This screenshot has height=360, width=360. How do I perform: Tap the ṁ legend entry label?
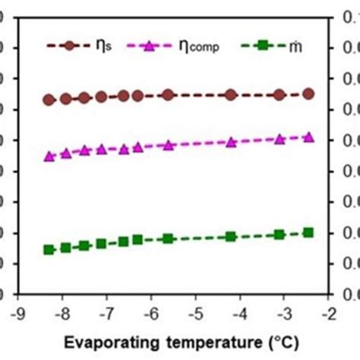294,46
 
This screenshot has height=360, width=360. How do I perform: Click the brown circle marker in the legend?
69,46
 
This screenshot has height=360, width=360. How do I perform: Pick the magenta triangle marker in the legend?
150,46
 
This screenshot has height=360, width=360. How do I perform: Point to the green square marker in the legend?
262,46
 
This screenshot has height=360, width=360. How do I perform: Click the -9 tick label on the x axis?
16,314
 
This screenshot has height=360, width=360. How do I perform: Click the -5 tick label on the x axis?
195,314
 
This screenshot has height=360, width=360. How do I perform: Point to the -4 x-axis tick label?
240,314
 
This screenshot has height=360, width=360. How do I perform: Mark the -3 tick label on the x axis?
284,314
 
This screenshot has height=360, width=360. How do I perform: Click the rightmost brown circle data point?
308,93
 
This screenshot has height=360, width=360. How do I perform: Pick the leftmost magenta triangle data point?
49,156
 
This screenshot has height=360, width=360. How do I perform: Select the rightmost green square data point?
308,232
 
